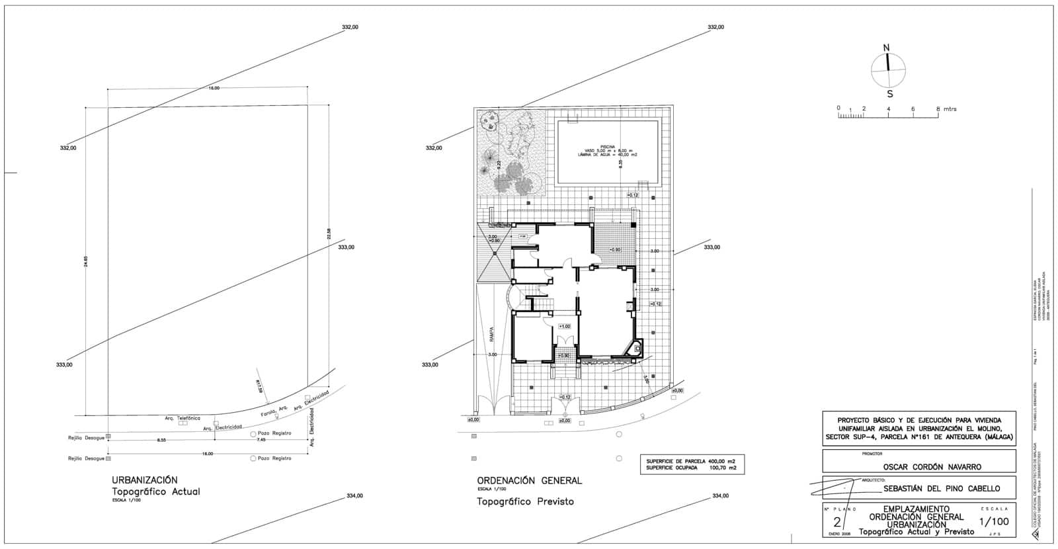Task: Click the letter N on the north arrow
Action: click(887, 47)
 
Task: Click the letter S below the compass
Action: click(889, 94)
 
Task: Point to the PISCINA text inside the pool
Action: click(608, 146)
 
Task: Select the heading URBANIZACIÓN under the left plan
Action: click(144, 480)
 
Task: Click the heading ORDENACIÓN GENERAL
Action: click(529, 481)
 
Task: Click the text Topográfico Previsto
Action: click(525, 501)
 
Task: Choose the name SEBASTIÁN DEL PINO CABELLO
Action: click(941, 489)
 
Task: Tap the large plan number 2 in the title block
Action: click(836, 521)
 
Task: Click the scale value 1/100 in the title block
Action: click(993, 521)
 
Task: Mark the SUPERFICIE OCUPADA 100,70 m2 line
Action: click(691, 468)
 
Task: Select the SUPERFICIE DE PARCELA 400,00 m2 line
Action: click(691, 460)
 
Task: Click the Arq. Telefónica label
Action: click(183, 418)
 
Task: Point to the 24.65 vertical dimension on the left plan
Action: click(86, 262)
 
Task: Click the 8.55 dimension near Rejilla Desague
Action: click(161, 440)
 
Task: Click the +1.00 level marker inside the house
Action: click(564, 326)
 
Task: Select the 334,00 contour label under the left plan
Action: click(355, 495)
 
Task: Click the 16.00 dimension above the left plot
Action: click(213, 88)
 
